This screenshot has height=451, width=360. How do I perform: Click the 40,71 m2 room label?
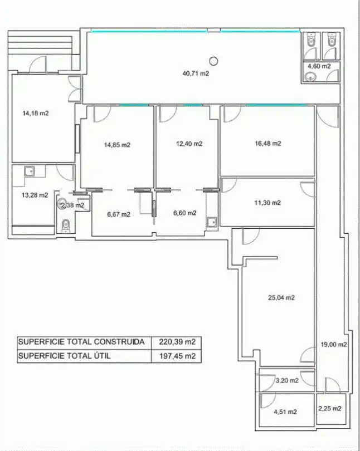click(196, 73)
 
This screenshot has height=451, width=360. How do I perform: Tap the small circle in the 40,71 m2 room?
click(213, 61)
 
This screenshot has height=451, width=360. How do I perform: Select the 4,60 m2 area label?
click(319, 66)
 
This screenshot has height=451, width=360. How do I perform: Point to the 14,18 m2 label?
click(36, 114)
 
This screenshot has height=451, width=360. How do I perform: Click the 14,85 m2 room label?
click(117, 145)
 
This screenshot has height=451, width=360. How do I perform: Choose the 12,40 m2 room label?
click(189, 144)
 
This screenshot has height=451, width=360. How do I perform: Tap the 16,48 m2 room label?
click(268, 143)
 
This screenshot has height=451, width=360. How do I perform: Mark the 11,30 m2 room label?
click(267, 203)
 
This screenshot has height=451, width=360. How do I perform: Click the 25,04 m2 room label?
click(281, 298)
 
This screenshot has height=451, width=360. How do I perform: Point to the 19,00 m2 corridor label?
click(334, 345)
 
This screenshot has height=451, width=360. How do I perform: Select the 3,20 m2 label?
click(287, 380)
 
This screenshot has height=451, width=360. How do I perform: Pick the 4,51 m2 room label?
click(285, 412)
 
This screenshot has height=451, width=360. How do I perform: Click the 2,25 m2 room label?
click(330, 409)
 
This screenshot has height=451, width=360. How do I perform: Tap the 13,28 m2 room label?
click(35, 195)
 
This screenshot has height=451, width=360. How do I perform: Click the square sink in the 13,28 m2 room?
click(30, 171)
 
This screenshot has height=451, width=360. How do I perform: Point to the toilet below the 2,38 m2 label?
click(66, 226)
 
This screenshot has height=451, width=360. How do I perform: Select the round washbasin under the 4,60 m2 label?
click(311, 77)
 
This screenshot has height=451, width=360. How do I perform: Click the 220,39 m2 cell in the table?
click(177, 342)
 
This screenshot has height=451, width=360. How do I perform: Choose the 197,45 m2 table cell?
click(177, 356)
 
